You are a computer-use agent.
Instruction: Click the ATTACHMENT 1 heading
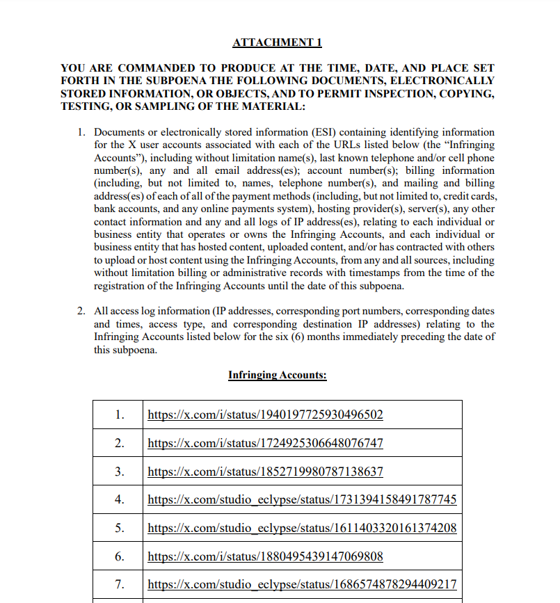(x=277, y=42)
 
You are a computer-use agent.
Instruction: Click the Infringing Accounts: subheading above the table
(x=277, y=375)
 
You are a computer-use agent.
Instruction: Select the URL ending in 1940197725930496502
(x=265, y=415)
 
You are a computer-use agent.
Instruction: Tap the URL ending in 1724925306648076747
(x=265, y=443)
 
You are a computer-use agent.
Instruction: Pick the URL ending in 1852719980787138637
(x=265, y=472)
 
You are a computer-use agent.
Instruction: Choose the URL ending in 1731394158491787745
(x=302, y=499)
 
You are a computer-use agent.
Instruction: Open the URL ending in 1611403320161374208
(x=302, y=528)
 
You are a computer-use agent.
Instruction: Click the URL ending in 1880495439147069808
(x=265, y=556)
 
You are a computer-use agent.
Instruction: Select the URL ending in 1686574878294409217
(x=302, y=584)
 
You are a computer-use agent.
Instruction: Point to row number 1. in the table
(x=120, y=415)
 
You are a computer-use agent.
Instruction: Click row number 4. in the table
(x=120, y=499)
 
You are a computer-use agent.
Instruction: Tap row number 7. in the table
(x=120, y=584)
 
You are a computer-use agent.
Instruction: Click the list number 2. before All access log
(x=81, y=311)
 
